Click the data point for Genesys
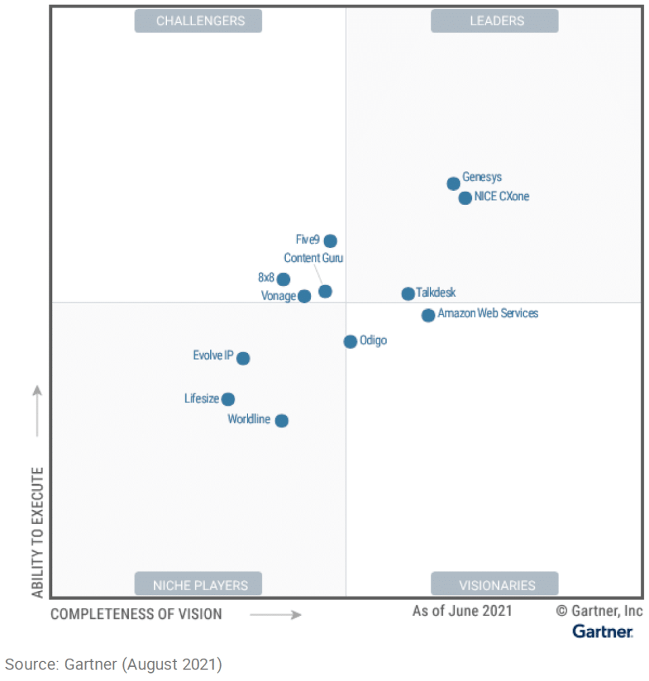point(453,184)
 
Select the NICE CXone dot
point(464,198)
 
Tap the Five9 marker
point(330,241)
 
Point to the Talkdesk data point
point(408,293)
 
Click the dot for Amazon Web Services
point(428,315)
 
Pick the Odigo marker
point(350,342)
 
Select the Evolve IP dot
point(243,358)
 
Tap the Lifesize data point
point(229,399)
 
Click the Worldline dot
point(282,421)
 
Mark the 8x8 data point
point(283,279)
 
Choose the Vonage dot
point(304,296)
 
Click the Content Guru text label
point(313,258)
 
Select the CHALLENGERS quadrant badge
point(198,21)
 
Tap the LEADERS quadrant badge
point(495,21)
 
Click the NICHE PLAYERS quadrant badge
point(198,585)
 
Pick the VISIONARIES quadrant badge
point(495,585)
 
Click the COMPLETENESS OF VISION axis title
point(137,614)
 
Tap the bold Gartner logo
point(602,632)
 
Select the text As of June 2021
point(462,611)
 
